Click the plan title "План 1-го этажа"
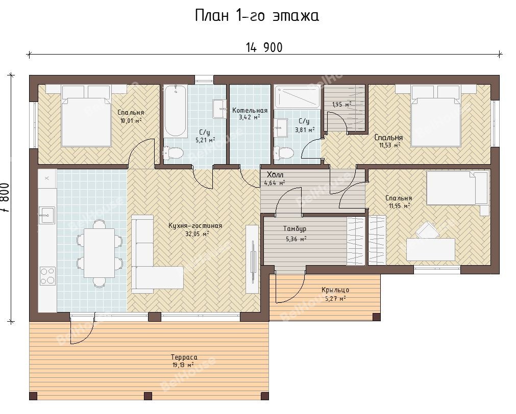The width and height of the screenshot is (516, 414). pos(257,16)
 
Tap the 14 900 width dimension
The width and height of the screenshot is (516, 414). pos(264,48)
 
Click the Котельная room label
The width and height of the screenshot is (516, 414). pos(250,111)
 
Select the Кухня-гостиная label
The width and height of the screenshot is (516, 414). pos(195,226)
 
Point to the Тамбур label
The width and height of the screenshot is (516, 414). pos(295,229)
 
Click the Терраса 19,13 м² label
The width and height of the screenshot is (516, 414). pos(184,361)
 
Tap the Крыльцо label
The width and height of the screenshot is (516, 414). pos(335,290)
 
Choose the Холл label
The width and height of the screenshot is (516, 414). pos(275,175)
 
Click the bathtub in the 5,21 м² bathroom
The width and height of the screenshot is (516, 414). pos(176,111)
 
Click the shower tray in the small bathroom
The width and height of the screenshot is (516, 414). pos(297,97)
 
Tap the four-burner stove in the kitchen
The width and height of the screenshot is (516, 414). pos(47,276)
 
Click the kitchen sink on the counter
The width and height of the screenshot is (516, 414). pos(47,215)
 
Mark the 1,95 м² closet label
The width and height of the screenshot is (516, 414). pos(341,105)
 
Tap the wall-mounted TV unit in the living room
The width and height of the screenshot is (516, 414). pos(253,259)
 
